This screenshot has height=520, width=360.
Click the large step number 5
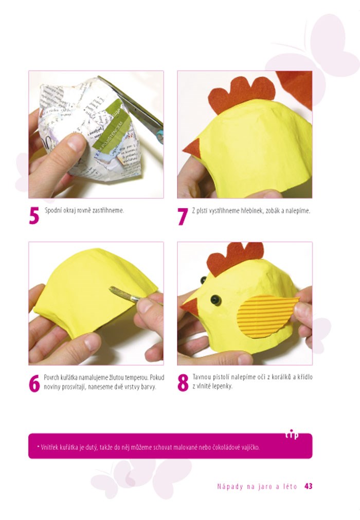pyautogui.click(x=34, y=216)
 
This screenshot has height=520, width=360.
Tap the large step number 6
pyautogui.click(x=34, y=383)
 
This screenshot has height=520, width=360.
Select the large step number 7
pyautogui.click(x=183, y=216)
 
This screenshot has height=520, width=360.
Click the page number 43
pyautogui.click(x=308, y=486)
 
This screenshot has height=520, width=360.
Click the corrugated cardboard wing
pyautogui.click(x=266, y=316)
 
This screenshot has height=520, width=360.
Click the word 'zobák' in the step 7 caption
pyautogui.click(x=273, y=211)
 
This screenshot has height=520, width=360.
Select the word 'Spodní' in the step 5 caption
pyautogui.click(x=52, y=210)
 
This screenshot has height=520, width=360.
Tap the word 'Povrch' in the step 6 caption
pyautogui.click(x=51, y=378)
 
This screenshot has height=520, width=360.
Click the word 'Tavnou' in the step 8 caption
pyautogui.click(x=201, y=377)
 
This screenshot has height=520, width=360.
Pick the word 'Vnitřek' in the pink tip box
pyautogui.click(x=49, y=447)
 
